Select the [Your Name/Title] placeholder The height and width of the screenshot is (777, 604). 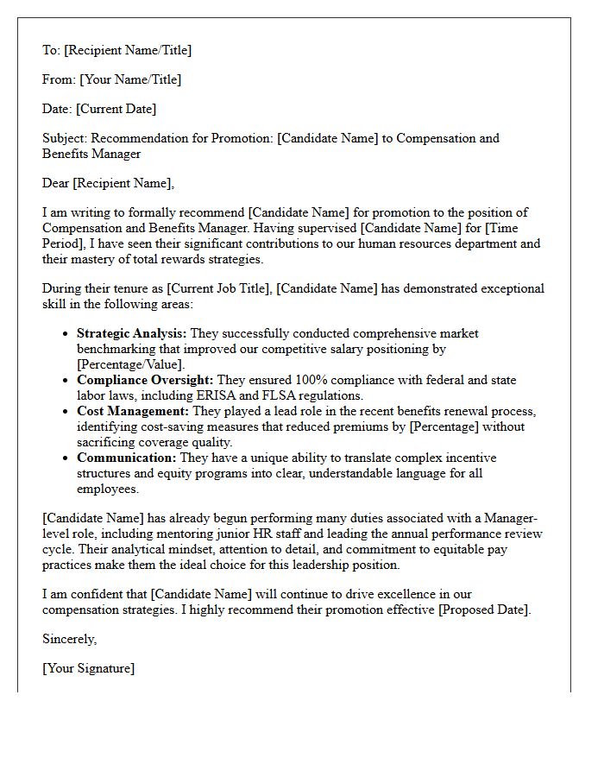point(130,79)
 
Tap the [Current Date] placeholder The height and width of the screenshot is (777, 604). point(116,109)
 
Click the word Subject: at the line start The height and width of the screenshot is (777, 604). point(65,138)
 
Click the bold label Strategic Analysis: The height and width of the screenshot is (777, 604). point(131,333)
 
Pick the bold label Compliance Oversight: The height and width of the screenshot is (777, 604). point(145,379)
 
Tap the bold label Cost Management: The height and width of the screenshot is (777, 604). point(133,411)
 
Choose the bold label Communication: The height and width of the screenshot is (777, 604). point(126,458)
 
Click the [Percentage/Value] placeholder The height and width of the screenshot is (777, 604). point(131,363)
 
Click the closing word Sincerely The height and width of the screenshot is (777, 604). point(69,639)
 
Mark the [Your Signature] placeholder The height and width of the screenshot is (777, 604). point(88,668)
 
